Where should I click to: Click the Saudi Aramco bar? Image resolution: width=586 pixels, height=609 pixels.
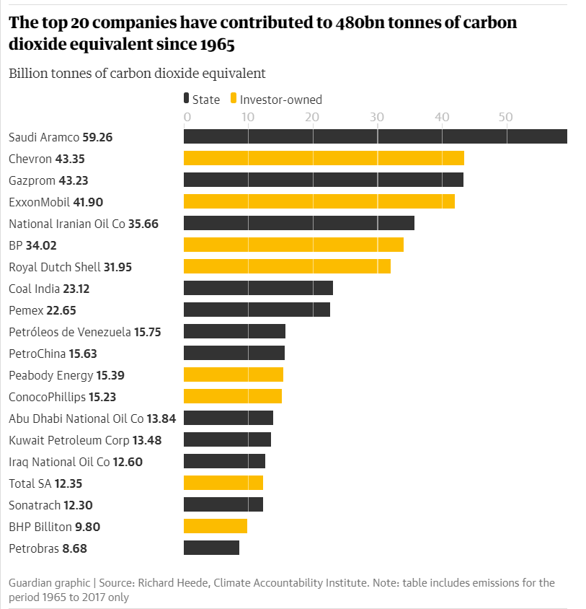(375, 136)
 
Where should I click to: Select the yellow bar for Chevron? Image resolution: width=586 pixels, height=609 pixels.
(324, 158)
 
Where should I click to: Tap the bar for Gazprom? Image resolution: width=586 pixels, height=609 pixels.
(324, 180)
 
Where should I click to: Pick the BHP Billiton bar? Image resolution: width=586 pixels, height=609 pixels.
(216, 526)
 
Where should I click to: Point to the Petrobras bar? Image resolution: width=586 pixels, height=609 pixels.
(211, 548)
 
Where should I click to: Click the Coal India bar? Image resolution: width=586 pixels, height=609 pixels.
(258, 288)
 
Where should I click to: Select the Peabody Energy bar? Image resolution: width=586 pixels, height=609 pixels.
(234, 374)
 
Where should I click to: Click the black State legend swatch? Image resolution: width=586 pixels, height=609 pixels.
(187, 100)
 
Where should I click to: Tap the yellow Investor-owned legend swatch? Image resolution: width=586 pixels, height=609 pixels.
(233, 100)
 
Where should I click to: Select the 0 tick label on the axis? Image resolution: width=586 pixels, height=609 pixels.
(187, 117)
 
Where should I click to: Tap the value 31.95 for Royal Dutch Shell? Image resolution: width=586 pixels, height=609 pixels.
(118, 267)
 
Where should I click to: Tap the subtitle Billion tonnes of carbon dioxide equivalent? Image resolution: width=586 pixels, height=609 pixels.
(137, 73)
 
